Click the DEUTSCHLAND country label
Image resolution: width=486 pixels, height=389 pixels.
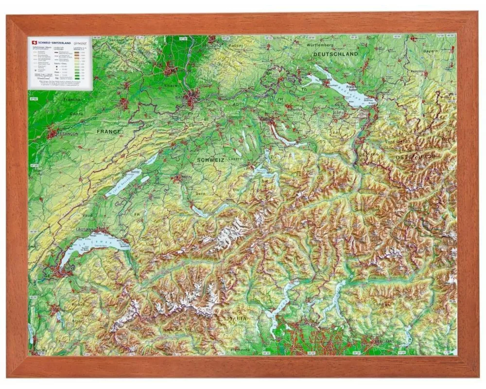(x=335, y=54)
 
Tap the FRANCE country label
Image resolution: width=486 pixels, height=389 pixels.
(x=108, y=131)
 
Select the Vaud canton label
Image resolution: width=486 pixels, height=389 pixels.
(x=88, y=214)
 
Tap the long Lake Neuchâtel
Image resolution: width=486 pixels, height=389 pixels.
(x=124, y=182)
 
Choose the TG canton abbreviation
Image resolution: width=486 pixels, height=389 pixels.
(x=305, y=90)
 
